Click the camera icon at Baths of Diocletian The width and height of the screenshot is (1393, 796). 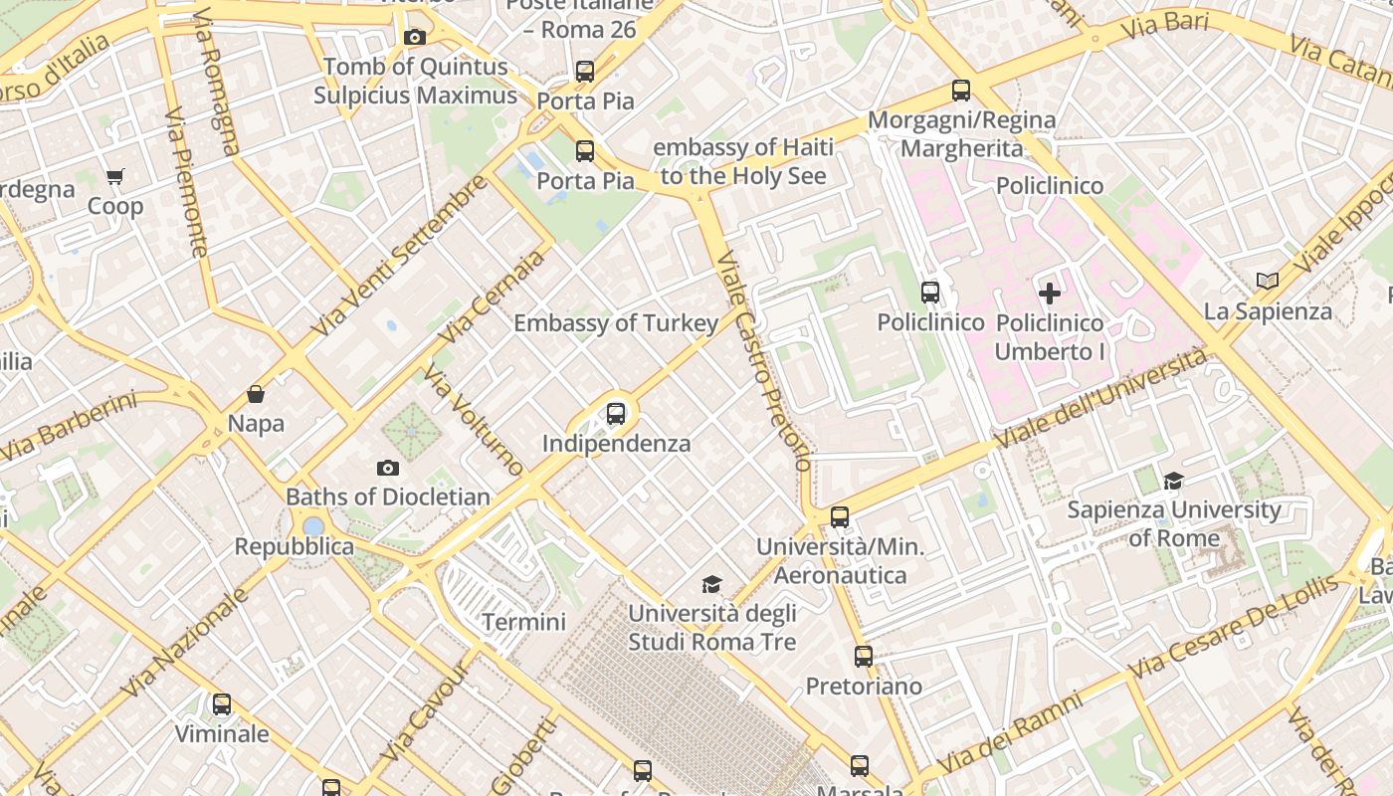(388, 468)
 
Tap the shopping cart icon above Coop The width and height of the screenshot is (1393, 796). (114, 177)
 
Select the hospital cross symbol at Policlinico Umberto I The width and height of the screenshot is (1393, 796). (1050, 294)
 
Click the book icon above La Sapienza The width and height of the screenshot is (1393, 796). (1267, 282)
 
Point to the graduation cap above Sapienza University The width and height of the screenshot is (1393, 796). (1173, 482)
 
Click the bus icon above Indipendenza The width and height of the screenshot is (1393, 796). (616, 414)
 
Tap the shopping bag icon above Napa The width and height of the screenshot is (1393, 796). (256, 394)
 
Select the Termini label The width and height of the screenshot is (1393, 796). (523, 623)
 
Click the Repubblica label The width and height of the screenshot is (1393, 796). (294, 546)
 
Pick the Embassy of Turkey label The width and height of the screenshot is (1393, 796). (615, 323)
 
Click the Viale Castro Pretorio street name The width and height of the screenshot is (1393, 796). (763, 359)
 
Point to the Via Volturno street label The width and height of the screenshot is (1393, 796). (473, 420)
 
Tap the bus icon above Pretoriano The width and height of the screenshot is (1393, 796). (863, 657)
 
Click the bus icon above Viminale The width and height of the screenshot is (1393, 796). (222, 704)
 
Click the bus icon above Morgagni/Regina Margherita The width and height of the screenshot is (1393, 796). (960, 91)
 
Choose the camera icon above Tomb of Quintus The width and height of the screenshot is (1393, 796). (415, 38)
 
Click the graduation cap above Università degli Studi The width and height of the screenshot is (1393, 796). (711, 584)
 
